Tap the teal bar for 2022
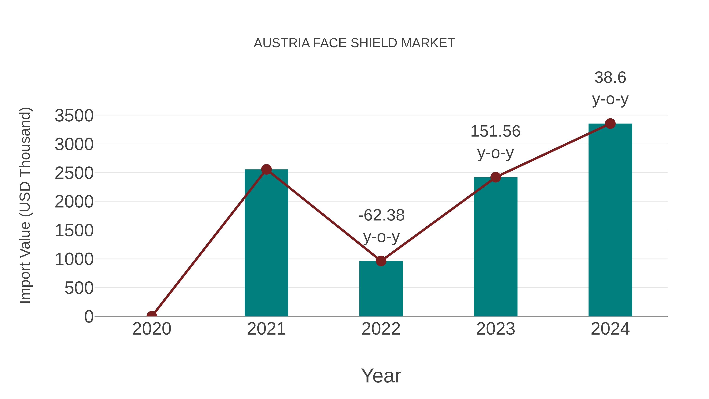381,289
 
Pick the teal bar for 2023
496,248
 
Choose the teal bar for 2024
610,220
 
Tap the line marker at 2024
610,124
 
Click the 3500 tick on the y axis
74,116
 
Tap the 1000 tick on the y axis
74,259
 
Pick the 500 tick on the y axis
79,288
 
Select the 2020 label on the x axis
152,329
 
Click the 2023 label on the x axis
496,329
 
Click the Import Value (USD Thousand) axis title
25,205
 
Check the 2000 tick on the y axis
74,202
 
